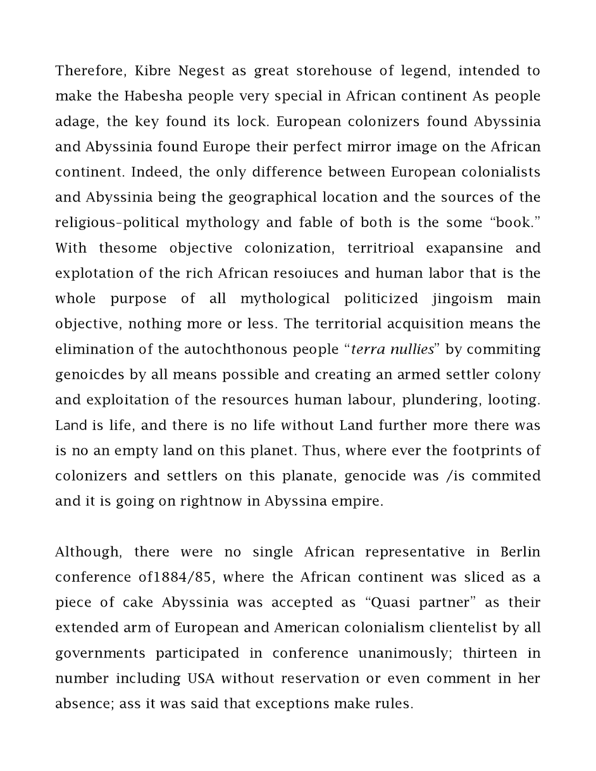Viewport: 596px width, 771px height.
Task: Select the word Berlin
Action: click(x=520, y=552)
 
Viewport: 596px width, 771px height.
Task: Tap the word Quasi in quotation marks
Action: click(x=396, y=602)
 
